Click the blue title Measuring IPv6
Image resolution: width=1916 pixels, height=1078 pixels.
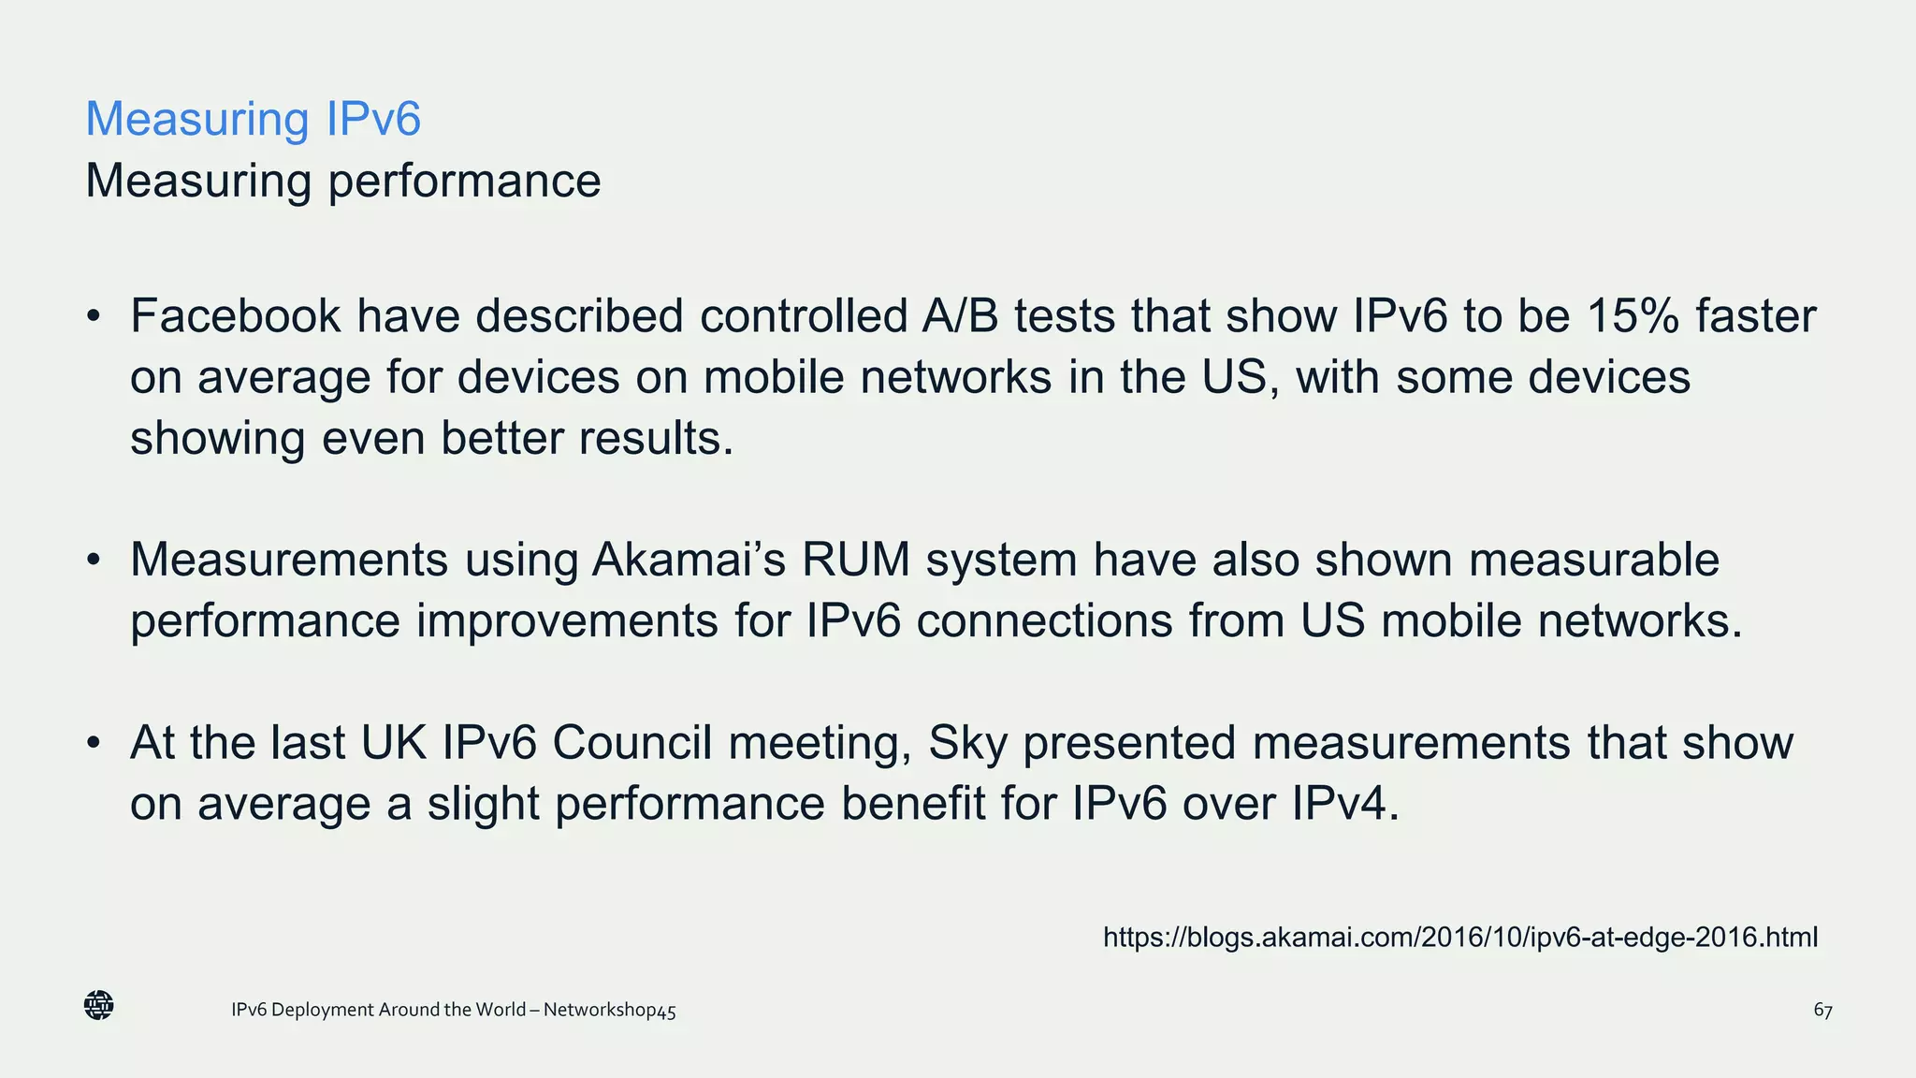pos(253,119)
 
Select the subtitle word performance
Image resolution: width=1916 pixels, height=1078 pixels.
pos(464,182)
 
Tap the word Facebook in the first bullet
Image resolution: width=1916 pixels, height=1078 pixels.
pos(235,316)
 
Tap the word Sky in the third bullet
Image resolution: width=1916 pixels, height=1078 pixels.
pos(967,743)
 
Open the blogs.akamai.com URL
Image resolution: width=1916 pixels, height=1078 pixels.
pos(1459,937)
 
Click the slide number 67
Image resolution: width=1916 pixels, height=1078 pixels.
pos(1822,1011)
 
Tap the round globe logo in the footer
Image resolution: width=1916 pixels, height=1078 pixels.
pos(99,1005)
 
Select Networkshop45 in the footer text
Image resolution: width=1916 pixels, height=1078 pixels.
pos(609,1011)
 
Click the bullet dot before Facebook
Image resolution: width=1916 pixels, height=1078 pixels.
pos(93,317)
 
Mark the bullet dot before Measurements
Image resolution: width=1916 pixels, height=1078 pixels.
pos(93,561)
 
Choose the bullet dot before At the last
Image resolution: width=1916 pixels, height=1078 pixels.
pos(93,744)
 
